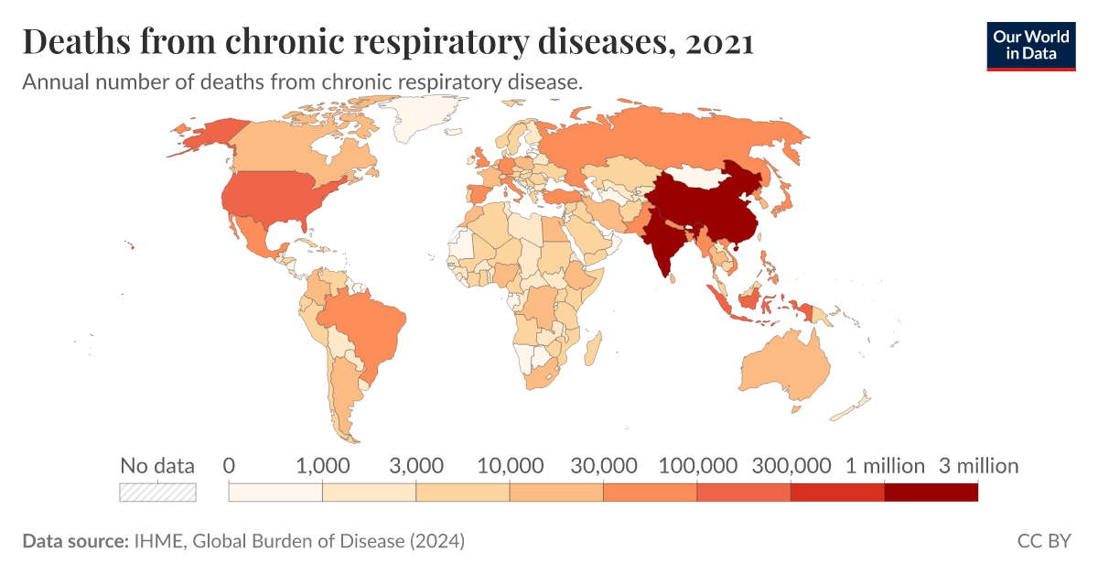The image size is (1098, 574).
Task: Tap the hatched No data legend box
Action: click(x=158, y=492)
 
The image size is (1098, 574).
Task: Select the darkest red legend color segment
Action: click(x=931, y=492)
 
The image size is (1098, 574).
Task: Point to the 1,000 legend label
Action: click(x=322, y=466)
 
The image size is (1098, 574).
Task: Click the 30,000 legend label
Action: click(x=603, y=466)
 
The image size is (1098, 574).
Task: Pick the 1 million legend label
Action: click(x=884, y=466)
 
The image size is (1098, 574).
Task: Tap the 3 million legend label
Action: click(x=978, y=466)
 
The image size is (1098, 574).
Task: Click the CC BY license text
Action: click(x=1043, y=541)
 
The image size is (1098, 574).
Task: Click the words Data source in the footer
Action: click(x=74, y=541)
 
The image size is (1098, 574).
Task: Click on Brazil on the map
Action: click(x=366, y=325)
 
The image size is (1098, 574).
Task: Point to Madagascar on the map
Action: click(x=592, y=349)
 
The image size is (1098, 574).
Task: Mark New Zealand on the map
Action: click(x=856, y=403)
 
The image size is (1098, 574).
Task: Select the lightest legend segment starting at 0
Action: click(x=274, y=492)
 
